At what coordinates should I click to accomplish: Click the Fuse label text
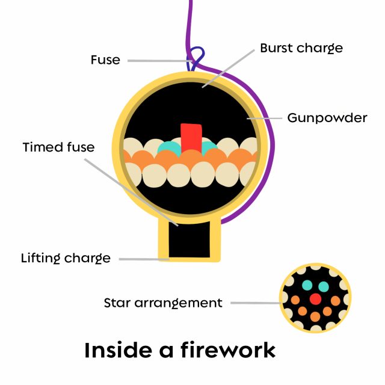[105, 60]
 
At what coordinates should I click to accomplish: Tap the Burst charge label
[301, 48]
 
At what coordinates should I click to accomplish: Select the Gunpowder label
[327, 117]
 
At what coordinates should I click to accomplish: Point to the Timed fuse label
[58, 147]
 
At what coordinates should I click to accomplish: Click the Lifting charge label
[66, 259]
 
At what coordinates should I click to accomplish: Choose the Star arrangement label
[163, 303]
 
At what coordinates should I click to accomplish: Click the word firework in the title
[225, 350]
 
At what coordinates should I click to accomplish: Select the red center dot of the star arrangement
[315, 298]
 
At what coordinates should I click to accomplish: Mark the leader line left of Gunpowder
[266, 118]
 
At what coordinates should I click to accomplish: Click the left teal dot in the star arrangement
[307, 285]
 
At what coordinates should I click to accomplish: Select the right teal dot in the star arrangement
[324, 286]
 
